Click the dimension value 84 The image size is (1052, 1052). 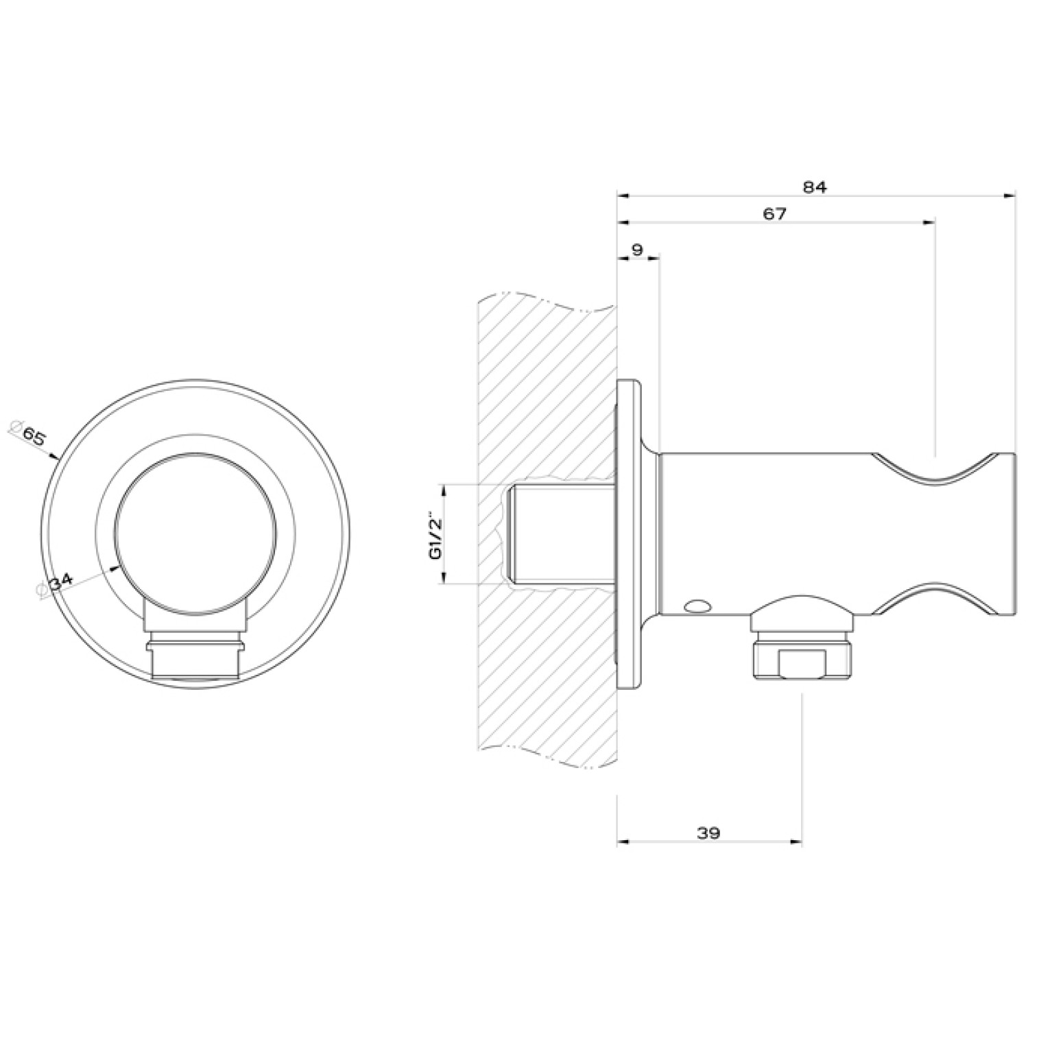[x=815, y=187]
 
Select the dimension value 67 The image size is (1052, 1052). [x=775, y=213]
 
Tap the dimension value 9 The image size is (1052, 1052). [x=637, y=249]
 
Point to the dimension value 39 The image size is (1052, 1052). [x=708, y=833]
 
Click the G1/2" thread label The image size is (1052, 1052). [x=435, y=535]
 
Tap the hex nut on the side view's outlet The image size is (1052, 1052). [x=803, y=658]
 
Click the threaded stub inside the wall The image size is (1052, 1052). [x=561, y=535]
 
